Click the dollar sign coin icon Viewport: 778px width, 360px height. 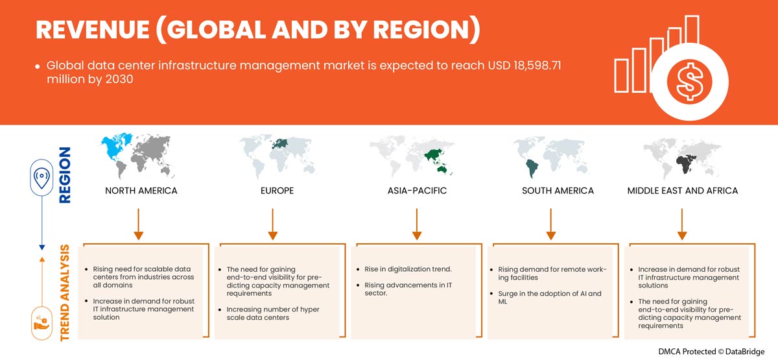(689, 82)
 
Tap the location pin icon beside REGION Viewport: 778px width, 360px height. (41, 178)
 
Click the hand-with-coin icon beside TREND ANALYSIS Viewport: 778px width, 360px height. (41, 324)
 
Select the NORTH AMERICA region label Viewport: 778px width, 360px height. (141, 191)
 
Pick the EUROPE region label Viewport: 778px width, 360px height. (277, 191)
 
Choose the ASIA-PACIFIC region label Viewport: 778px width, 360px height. (417, 191)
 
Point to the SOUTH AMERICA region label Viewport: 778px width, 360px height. (558, 191)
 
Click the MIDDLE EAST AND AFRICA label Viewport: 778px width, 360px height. (683, 191)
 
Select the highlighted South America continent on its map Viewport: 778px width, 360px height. (532, 168)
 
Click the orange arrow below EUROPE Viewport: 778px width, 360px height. (273, 224)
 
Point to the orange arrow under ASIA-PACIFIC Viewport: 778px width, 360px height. (417, 224)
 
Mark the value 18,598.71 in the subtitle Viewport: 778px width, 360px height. (537, 66)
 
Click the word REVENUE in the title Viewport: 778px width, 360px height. (93, 30)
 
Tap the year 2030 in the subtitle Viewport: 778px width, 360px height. (119, 80)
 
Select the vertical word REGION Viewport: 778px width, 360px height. (65, 174)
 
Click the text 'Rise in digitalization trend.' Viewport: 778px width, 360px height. (408, 269)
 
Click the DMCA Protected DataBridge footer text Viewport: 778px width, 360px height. (711, 352)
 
